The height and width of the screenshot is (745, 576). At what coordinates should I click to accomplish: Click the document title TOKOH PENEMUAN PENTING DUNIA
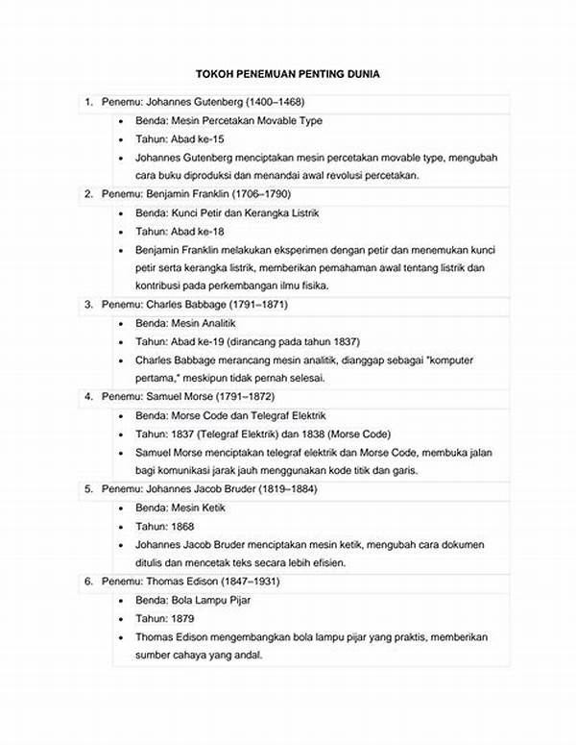[288, 74]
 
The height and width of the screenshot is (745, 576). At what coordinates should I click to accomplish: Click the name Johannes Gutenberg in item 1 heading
[190, 102]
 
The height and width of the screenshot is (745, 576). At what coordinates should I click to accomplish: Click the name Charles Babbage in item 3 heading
[182, 305]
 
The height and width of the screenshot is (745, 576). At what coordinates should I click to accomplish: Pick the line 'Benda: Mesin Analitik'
[185, 323]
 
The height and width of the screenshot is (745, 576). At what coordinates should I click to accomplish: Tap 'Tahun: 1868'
[164, 526]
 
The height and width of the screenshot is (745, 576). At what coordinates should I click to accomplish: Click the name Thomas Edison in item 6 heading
[180, 583]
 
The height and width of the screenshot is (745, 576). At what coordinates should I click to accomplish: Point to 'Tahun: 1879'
[164, 618]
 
